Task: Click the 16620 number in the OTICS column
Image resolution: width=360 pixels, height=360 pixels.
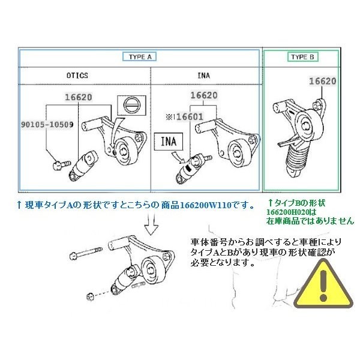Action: point(79,96)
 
